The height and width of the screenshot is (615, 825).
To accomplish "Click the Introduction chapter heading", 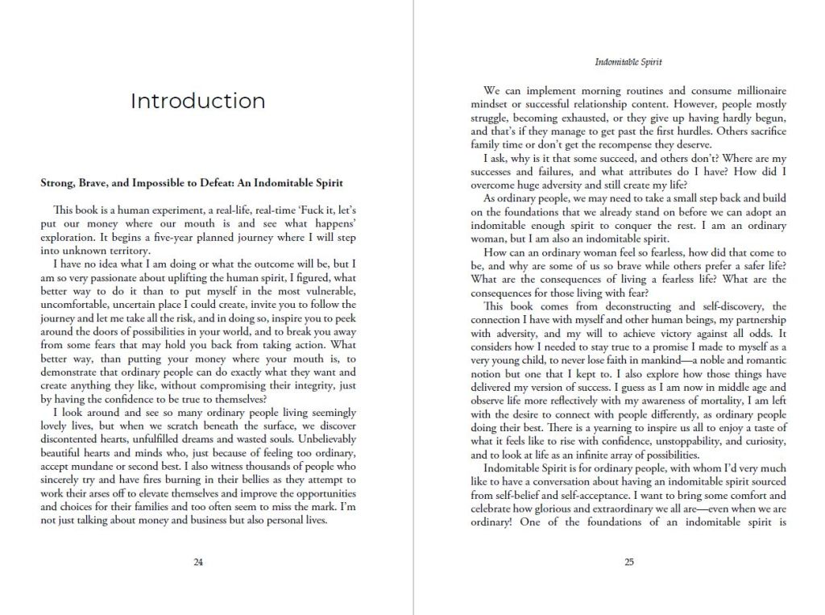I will [x=197, y=101].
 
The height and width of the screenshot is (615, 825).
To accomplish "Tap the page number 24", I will [x=198, y=563].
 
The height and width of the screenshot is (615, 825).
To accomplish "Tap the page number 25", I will [x=629, y=563].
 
